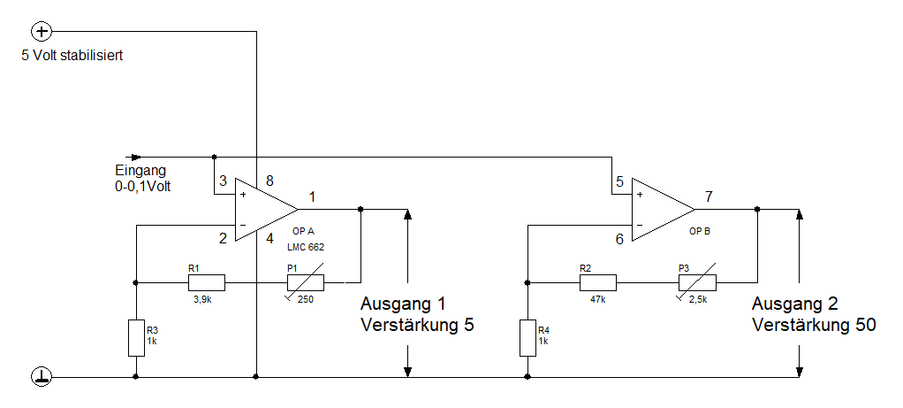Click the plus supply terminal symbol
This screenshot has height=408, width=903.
point(42,32)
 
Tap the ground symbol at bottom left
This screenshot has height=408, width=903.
point(42,376)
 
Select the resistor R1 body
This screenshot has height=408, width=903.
point(206,283)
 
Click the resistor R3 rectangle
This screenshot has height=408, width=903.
point(136,337)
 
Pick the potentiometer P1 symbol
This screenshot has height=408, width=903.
point(305,283)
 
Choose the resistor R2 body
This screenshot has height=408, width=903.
point(597,283)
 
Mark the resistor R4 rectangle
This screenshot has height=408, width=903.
point(527,337)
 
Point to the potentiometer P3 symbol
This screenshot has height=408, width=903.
point(696,283)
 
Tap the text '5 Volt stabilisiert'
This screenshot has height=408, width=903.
point(72,55)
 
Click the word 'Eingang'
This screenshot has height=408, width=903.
point(140,171)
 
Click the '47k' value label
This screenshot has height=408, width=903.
point(597,299)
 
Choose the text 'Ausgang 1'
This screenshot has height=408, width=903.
point(402,304)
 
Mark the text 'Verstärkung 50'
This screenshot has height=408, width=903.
point(814,325)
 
